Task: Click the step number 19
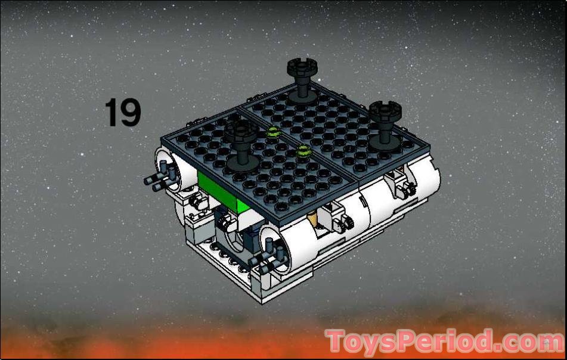click(123, 113)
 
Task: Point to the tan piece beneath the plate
click(315, 222)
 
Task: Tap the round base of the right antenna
click(385, 141)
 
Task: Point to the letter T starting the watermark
click(337, 342)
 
